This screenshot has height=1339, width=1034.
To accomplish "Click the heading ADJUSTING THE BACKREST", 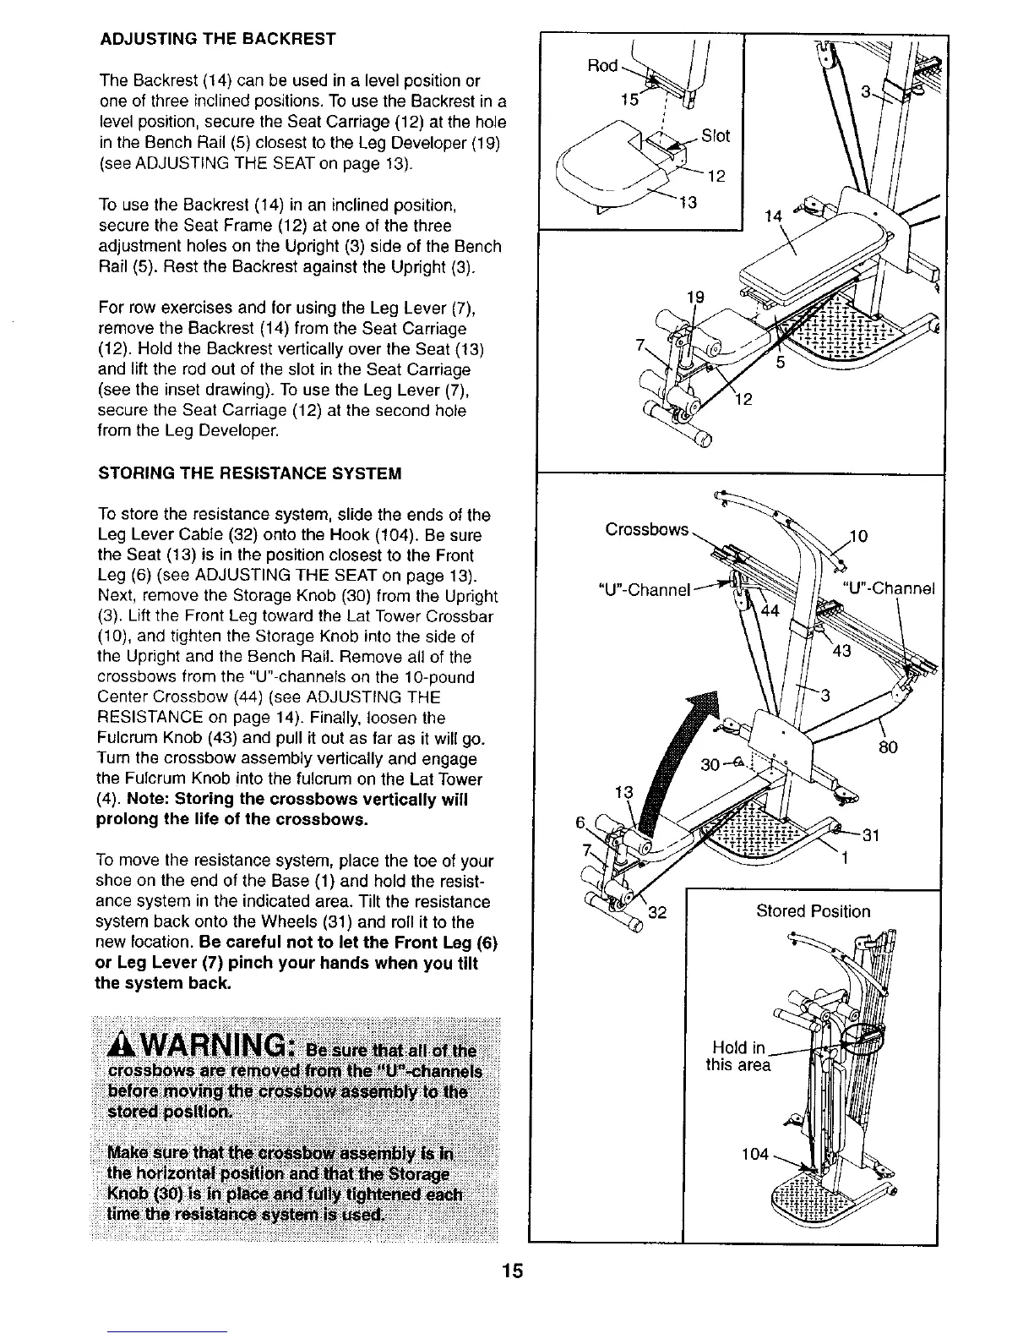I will (x=218, y=39).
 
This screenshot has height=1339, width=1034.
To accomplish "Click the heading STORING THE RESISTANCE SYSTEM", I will (x=249, y=473).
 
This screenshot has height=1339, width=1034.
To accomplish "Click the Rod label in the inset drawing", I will (x=602, y=65).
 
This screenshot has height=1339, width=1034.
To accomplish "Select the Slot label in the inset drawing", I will (x=715, y=136).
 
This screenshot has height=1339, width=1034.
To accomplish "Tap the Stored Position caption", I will (x=813, y=911).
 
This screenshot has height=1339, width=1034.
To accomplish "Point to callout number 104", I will (x=754, y=1154).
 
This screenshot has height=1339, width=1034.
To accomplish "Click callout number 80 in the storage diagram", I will (x=887, y=747).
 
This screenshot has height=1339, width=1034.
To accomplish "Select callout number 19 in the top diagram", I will (x=695, y=297).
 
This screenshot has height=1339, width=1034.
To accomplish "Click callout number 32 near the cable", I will (x=658, y=912).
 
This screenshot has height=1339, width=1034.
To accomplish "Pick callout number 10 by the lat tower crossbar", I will (x=858, y=536).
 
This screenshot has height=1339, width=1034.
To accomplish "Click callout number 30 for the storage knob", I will (x=711, y=765).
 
